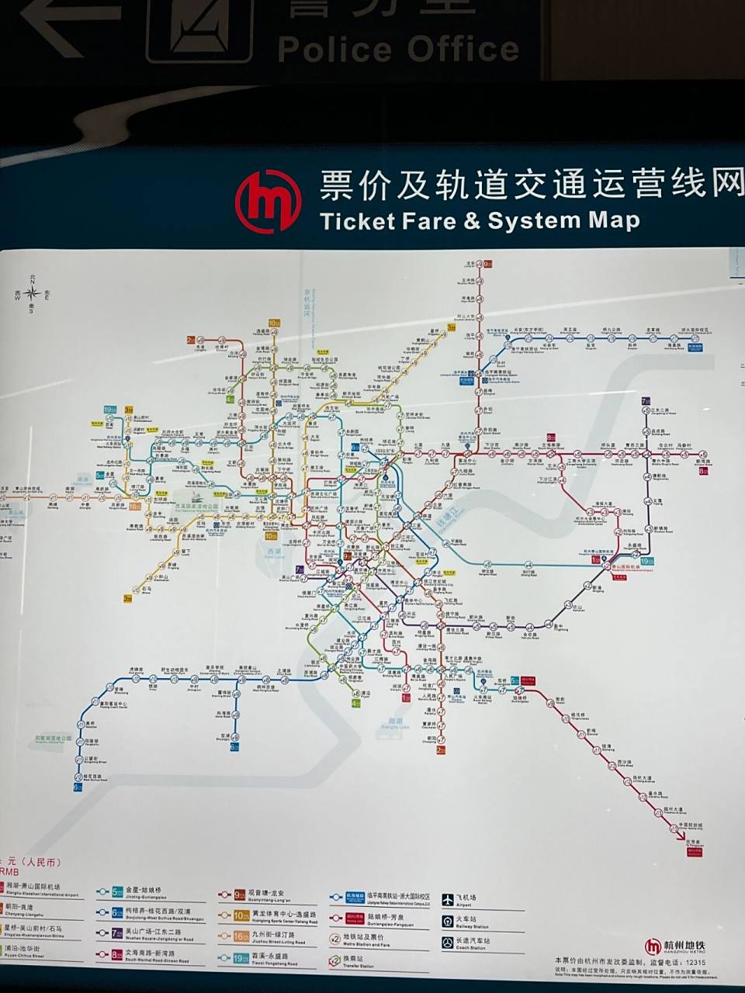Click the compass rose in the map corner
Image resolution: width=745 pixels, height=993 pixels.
point(33,292)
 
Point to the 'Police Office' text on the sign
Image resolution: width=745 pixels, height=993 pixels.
point(398,48)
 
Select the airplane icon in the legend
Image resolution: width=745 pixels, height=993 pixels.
point(449,900)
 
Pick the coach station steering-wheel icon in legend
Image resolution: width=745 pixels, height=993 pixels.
point(449,943)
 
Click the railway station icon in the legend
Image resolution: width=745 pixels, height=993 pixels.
point(449,921)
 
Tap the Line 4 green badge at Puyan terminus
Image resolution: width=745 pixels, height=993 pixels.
point(355,704)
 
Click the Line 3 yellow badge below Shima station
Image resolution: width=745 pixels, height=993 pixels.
point(128,598)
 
